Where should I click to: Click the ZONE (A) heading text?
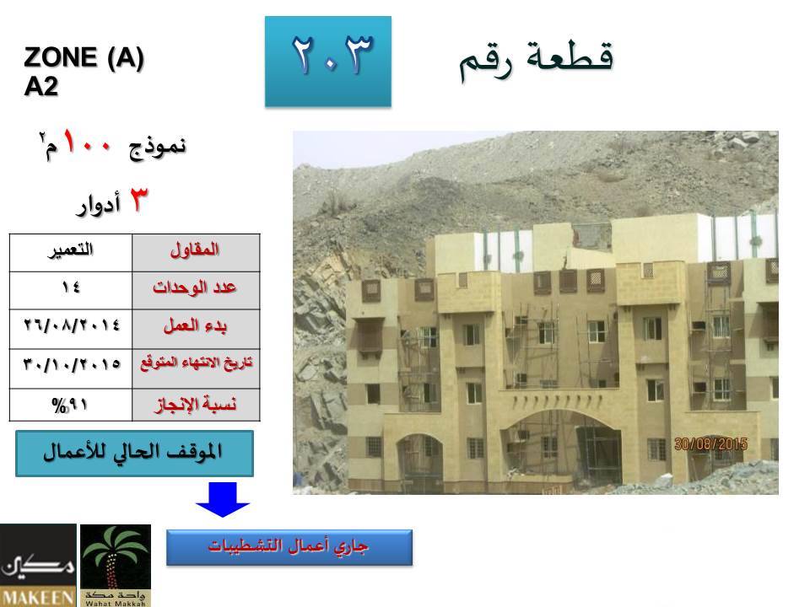pos(84,57)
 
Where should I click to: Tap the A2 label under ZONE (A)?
pos(40,86)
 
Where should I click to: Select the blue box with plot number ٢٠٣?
pos(328,62)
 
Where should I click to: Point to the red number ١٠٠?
pos(87,143)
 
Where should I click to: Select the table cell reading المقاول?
pos(196,253)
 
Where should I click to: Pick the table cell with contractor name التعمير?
pos(71,253)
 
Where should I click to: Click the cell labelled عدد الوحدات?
pos(196,291)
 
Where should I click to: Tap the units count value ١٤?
pos(71,287)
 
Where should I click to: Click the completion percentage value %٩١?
pos(71,405)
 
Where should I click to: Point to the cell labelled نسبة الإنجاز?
pos(196,405)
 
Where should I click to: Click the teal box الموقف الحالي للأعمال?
pos(134,454)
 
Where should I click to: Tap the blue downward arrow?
pos(222,499)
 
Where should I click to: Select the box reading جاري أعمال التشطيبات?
pos(289,547)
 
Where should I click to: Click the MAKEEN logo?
pos(38,565)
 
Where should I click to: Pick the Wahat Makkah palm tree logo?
pos(116,565)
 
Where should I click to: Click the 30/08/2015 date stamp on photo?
pos(710,444)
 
